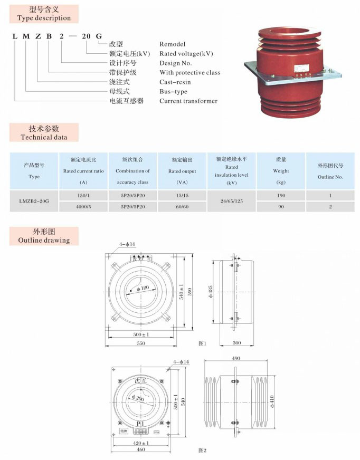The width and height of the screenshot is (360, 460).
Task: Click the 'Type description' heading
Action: [x=44, y=18]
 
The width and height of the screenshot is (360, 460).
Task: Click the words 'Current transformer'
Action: [x=188, y=101]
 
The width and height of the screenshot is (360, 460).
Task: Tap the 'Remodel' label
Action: [x=173, y=44]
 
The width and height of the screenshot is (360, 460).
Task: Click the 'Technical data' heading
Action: [x=44, y=137]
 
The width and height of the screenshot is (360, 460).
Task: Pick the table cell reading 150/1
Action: [x=83, y=196]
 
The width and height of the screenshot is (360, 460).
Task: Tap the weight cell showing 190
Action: [x=280, y=196]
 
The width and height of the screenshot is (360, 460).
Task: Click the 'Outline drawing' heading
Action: [x=44, y=241]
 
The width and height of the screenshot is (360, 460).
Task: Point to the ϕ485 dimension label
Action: [x=211, y=293]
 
